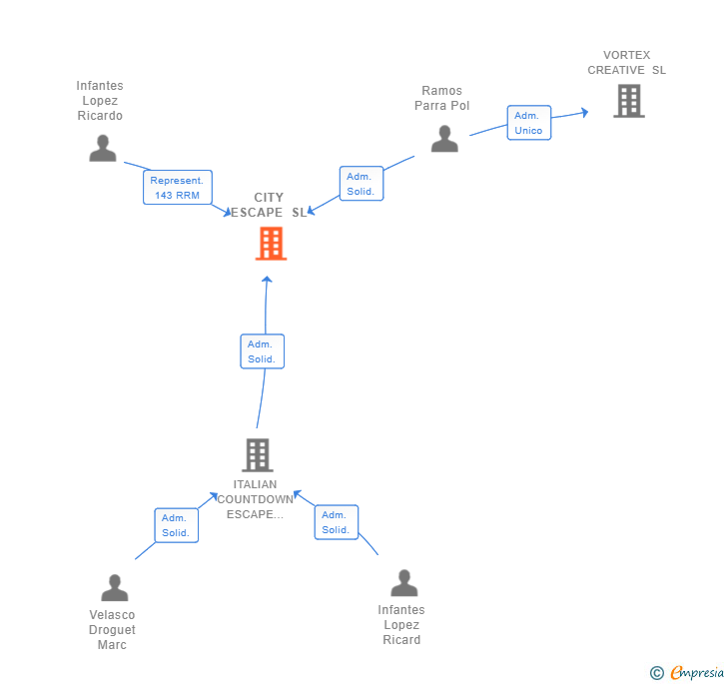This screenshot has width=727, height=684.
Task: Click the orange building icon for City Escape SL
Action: pos(271,244)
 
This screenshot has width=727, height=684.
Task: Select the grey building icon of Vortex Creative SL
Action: pos(629,101)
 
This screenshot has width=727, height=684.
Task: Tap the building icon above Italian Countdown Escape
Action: pos(258,455)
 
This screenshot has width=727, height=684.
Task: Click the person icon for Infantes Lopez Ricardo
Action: pos(103,148)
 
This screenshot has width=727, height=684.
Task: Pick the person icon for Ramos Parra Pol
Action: pos(444,138)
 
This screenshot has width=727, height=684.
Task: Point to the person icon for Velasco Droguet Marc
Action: pos(115,587)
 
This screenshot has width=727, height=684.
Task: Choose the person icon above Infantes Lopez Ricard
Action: pos(403,583)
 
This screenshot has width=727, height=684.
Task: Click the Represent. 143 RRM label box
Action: pos(178,188)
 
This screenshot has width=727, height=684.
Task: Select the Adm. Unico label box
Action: pos(529,123)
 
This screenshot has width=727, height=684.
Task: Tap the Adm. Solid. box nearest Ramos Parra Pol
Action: pos(362,183)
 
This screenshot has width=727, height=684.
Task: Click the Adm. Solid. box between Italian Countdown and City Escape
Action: pos(262,351)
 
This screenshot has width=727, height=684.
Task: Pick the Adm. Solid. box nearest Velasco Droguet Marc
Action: pos(176,525)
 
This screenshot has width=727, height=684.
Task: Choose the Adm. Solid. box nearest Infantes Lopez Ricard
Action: pos(337,522)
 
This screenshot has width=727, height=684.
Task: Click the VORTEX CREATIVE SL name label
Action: pos(626,63)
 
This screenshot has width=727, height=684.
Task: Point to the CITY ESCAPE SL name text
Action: pos(269,205)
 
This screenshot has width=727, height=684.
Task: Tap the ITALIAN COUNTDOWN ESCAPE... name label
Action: pos(255,499)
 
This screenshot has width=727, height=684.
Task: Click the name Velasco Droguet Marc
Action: pos(112,630)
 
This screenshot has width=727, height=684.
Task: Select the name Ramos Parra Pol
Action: pos(441,98)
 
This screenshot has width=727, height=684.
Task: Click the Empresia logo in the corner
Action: pos(687,672)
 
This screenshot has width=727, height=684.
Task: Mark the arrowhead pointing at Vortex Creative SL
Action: pos(585,112)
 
